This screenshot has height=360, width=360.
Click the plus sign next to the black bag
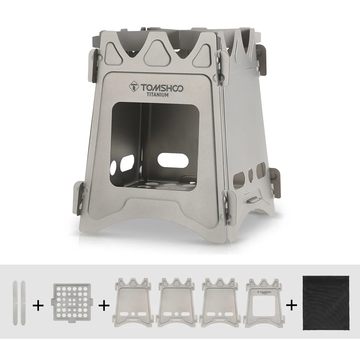pyautogui.click(x=292, y=306)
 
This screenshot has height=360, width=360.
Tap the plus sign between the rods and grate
pyautogui.click(x=38, y=306)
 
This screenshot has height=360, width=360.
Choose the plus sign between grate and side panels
pyautogui.click(x=103, y=306)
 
